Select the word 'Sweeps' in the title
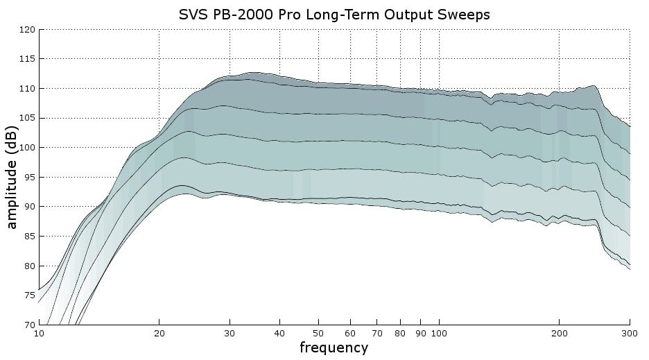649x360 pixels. click(x=464, y=14)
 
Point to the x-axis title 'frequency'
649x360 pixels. click(x=334, y=348)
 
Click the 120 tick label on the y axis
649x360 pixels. click(x=28, y=30)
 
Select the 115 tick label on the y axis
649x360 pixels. click(x=28, y=59)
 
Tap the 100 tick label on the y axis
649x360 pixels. click(x=28, y=148)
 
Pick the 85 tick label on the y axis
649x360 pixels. click(x=30, y=237)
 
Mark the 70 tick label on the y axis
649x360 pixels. click(x=30, y=325)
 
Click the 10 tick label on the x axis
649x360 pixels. click(x=40, y=333)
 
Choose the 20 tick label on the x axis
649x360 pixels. click(x=159, y=333)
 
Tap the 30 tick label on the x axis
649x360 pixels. click(x=230, y=333)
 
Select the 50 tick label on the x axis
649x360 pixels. click(x=318, y=333)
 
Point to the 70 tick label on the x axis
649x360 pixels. click(x=377, y=333)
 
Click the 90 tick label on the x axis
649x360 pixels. click(x=420, y=333)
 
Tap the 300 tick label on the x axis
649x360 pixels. click(x=629, y=333)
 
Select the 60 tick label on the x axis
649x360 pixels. click(x=350, y=333)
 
